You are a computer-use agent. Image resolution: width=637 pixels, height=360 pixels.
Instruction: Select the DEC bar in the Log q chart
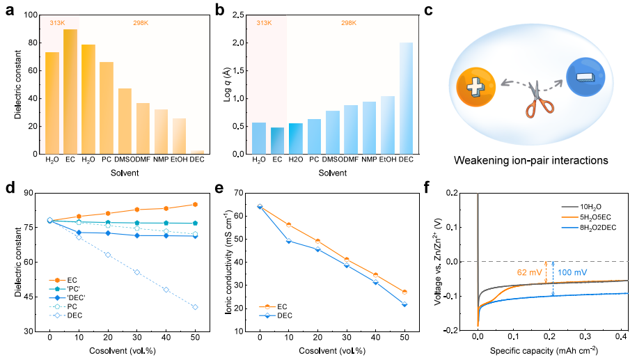coord(406,98)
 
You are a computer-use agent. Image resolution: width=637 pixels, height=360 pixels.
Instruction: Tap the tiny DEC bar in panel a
coord(197,152)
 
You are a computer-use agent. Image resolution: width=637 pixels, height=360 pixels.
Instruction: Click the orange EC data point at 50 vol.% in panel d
coord(195,204)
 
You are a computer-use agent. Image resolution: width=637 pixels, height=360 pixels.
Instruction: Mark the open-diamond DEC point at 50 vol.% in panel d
coord(195,307)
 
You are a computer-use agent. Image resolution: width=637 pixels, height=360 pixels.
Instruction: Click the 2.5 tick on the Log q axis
coord(237,15)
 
